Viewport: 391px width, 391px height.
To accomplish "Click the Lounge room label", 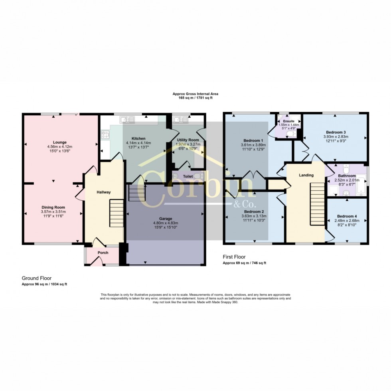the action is pyautogui.click(x=59, y=142).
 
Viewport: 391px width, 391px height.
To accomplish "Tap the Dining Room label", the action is pyautogui.click(x=53, y=207).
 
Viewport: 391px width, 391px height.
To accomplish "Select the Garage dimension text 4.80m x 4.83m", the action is pyautogui.click(x=166, y=223).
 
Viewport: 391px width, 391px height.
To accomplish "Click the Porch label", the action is pyautogui.click(x=103, y=253).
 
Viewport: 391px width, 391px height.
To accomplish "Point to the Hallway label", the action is pyautogui.click(x=103, y=192).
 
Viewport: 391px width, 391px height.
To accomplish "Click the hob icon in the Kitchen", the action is pyautogui.click(x=105, y=135).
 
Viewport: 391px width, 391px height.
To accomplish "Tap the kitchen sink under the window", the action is pyautogui.click(x=127, y=120).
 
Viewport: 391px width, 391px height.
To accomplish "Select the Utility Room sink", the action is pyautogui.click(x=181, y=120).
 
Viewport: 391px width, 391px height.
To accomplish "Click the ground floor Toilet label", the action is pyautogui.click(x=188, y=176).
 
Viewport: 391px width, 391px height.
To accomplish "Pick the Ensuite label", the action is pyautogui.click(x=288, y=121).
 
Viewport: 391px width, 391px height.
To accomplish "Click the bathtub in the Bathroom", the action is pyautogui.click(x=361, y=184).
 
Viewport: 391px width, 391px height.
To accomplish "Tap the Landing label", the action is pyautogui.click(x=306, y=175).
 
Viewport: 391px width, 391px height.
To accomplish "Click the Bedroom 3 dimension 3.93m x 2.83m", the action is pyautogui.click(x=336, y=136).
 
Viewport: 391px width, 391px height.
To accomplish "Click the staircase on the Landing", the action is pyautogui.click(x=317, y=204).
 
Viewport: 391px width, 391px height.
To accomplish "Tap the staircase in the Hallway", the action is pyautogui.click(x=117, y=213).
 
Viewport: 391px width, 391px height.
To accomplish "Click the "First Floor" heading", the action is pyautogui.click(x=234, y=257).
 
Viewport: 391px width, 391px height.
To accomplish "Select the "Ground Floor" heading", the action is pyautogui.click(x=37, y=278).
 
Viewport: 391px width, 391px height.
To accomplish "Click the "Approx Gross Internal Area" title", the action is pyautogui.click(x=195, y=94).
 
